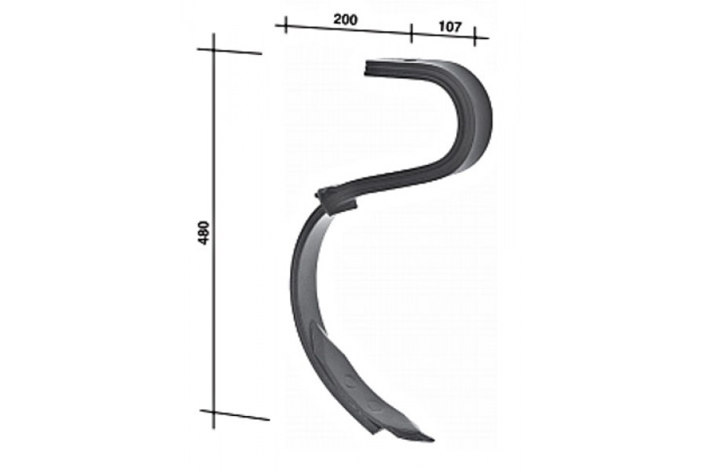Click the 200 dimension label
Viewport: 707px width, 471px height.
[346, 20]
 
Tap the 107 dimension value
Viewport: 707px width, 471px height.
[450, 27]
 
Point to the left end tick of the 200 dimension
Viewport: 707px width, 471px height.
[285, 25]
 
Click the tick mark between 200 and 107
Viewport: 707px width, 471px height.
[411, 33]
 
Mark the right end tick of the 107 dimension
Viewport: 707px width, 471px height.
[474, 37]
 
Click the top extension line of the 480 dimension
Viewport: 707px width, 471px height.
[229, 51]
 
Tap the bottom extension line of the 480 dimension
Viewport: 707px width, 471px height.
[234, 415]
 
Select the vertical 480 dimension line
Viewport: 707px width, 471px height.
[214, 231]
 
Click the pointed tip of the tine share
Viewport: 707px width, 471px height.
[432, 440]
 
